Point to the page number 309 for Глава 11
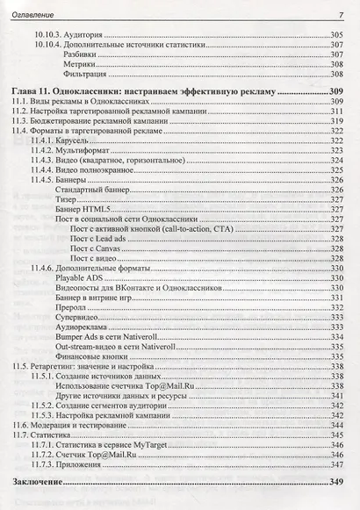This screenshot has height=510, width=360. click(333, 90)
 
